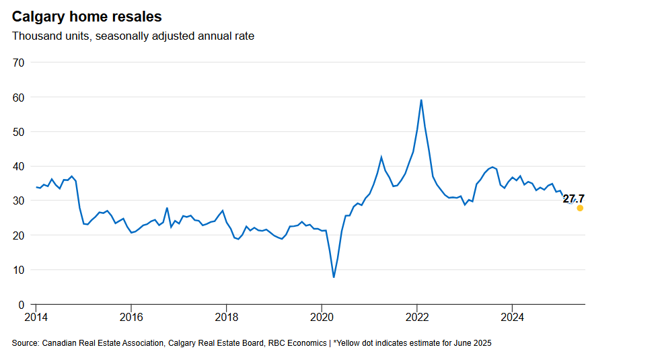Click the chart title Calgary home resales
87,16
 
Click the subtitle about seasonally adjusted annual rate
133,36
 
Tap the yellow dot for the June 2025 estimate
580,208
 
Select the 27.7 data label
574,199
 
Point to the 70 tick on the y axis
18,63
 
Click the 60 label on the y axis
18,97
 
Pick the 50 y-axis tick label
18,132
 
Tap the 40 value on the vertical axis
18,166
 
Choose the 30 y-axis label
18,201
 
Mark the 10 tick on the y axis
18,270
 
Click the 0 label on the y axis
21,304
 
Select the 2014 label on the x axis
36,317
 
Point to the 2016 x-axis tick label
131,317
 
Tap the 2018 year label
227,317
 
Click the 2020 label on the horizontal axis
322,317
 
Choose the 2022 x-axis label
418,317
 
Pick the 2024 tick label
513,317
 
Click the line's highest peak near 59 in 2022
421,100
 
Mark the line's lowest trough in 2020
334,277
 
